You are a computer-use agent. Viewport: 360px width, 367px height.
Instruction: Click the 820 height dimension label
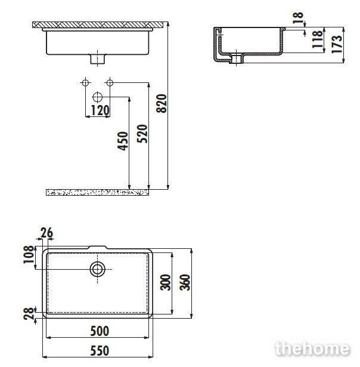click(162, 104)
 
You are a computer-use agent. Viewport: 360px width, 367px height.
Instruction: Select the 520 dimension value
click(142, 134)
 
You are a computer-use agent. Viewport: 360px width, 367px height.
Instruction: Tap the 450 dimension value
click(123, 141)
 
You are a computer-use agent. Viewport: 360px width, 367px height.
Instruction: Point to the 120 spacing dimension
click(100, 110)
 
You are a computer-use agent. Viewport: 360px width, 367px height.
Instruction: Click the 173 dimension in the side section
click(337, 44)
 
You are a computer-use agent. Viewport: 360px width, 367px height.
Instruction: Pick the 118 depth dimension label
click(318, 39)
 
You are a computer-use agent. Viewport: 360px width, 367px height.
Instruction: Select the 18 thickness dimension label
click(298, 18)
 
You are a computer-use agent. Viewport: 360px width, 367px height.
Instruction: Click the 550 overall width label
click(100, 351)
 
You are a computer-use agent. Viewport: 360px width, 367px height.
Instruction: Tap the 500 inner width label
click(100, 331)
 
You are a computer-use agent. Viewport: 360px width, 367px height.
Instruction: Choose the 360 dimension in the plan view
click(185, 282)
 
